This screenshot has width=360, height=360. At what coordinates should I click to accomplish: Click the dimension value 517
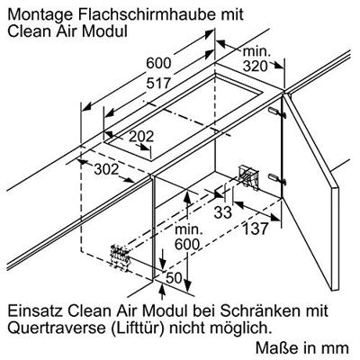pos(158,83)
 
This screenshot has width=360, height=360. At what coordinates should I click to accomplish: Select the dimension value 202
pos(141,137)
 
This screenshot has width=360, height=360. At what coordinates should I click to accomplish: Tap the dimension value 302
pos(106,169)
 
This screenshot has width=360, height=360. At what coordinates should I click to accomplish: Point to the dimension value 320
pos(255,67)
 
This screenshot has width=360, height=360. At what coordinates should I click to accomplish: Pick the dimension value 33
pos(223,212)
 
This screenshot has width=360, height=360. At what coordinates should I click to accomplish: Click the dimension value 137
pos(255,229)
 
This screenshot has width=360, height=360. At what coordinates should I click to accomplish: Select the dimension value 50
pos(175,278)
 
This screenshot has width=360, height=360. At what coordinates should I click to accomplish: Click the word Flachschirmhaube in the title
pos(141,14)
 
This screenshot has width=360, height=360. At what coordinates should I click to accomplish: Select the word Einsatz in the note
pos(35,310)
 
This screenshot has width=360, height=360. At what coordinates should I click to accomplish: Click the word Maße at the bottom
pos(274,347)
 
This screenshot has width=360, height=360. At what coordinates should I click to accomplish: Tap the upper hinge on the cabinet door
pos(277,112)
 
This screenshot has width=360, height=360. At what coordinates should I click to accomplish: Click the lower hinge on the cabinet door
pos(277,178)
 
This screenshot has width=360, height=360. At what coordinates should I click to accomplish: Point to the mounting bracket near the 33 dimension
pos(248,177)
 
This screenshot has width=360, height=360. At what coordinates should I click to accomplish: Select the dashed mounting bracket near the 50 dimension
pos(121,256)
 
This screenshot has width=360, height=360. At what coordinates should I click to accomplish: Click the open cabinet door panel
pos(310,191)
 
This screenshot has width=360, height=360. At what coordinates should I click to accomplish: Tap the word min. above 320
pos(256,52)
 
